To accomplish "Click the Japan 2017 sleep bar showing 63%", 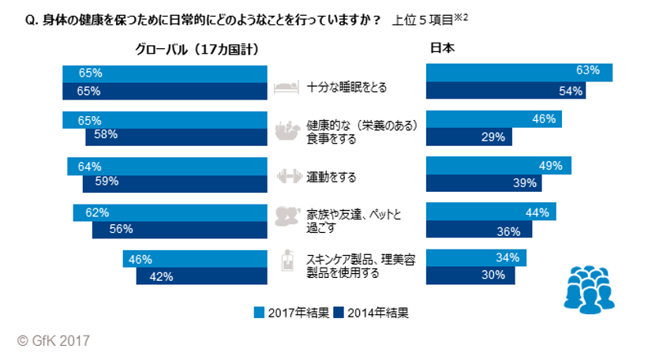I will pyautogui.click(x=519, y=71).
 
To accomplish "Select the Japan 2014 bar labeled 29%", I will pyautogui.click(x=469, y=137).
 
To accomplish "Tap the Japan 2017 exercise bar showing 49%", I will pyautogui.click(x=498, y=166).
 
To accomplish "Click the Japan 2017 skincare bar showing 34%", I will pyautogui.click(x=476, y=258).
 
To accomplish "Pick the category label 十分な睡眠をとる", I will pyautogui.click(x=347, y=88).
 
